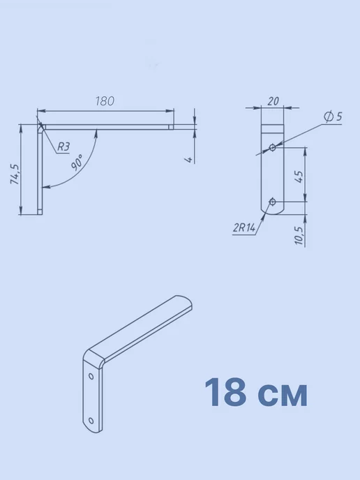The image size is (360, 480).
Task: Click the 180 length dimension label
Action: coord(105,101)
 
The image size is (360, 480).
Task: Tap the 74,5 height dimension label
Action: coord(15,174)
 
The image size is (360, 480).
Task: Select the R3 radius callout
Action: coord(63,147)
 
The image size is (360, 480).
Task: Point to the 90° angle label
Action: coord(77,163)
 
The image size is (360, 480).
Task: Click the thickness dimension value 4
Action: coord(190,160)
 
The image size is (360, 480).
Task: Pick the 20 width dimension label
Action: coord(273,101)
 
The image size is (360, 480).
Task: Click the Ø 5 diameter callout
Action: coord(333,117)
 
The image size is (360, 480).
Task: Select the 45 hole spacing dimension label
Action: coord(300,177)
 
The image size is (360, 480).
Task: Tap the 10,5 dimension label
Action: coord(300,235)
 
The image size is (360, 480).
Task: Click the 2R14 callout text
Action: coord(244,227)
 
